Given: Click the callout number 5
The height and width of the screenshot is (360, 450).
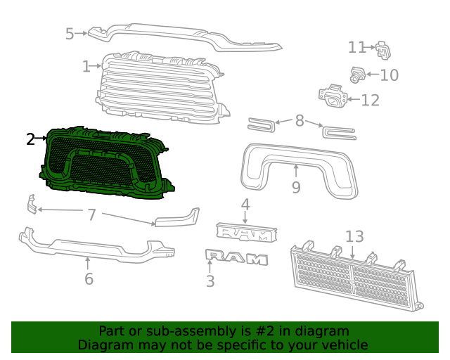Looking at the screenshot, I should pos(70,33).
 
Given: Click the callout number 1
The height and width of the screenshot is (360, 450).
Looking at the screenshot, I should pos(86,67).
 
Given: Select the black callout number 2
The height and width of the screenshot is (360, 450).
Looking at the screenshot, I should pos(30,139).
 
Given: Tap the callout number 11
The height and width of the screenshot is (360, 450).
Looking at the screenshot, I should pos(356,47).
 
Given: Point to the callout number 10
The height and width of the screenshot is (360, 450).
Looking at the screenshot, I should pos(389,75).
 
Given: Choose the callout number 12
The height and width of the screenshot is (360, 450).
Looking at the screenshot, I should pos(370,100).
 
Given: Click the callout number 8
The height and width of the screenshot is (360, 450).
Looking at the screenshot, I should pos(300,121).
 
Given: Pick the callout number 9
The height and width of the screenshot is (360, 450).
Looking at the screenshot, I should pos(296,187).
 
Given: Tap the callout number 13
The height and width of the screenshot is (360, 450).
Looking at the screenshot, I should pos(354,236).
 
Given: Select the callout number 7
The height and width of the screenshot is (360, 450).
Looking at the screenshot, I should pos(91,214).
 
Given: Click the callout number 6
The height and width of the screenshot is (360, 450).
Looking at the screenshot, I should pos(89,279).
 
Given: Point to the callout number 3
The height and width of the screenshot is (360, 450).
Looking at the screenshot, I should pos(210,282).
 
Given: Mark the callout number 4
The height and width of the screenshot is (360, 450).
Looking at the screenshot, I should pos(245,205).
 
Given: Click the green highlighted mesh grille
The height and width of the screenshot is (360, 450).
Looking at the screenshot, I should pos(105,165).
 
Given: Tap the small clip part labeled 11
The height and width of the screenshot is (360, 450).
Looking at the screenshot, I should pos(383,50).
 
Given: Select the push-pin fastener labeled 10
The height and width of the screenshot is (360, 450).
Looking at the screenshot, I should pos(357,74).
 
